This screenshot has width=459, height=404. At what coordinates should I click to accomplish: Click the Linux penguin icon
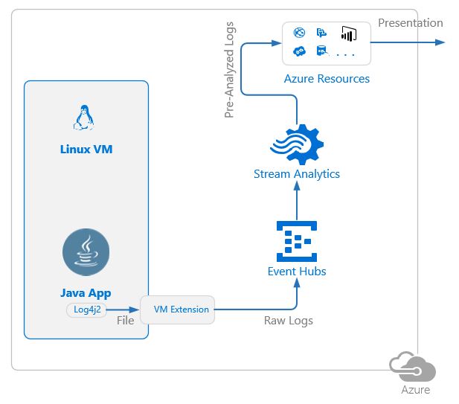(x=86, y=118)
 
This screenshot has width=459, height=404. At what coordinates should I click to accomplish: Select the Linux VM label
(x=86, y=149)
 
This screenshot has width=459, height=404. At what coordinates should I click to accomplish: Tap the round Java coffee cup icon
(x=86, y=253)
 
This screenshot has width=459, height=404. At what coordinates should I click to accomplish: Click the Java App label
(x=86, y=292)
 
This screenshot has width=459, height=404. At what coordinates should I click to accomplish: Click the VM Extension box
(x=177, y=309)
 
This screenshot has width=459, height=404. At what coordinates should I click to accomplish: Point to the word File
(x=125, y=321)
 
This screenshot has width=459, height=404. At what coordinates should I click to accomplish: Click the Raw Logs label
(x=289, y=321)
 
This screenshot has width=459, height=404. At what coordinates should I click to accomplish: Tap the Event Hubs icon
(x=296, y=239)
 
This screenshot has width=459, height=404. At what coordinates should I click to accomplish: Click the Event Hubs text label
(x=296, y=272)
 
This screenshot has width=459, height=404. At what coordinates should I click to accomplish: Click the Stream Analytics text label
(x=296, y=174)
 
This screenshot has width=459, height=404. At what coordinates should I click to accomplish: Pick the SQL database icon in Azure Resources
(x=322, y=51)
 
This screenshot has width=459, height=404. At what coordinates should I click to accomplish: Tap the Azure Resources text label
(x=327, y=78)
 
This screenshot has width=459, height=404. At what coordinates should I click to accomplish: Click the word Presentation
(x=410, y=22)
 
